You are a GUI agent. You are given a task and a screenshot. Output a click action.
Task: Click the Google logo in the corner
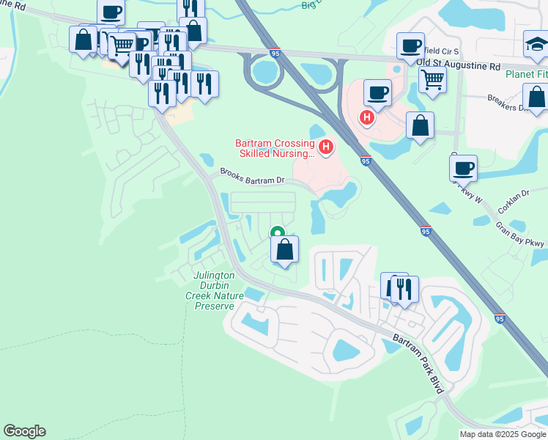tap(24, 431)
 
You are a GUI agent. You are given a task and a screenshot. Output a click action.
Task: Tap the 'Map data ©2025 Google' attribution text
tap(503, 434)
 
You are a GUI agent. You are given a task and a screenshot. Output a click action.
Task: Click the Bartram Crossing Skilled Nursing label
tap(275, 149)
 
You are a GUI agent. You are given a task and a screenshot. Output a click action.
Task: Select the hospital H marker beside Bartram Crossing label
tap(326, 147)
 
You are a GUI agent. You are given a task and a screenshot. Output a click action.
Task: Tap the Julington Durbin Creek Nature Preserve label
tap(213, 291)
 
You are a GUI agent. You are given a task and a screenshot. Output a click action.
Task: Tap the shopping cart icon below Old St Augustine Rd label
tap(432, 78)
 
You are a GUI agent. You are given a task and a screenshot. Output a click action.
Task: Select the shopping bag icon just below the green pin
tap(285, 249)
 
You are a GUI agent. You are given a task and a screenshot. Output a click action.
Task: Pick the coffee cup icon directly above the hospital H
tap(377, 92)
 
